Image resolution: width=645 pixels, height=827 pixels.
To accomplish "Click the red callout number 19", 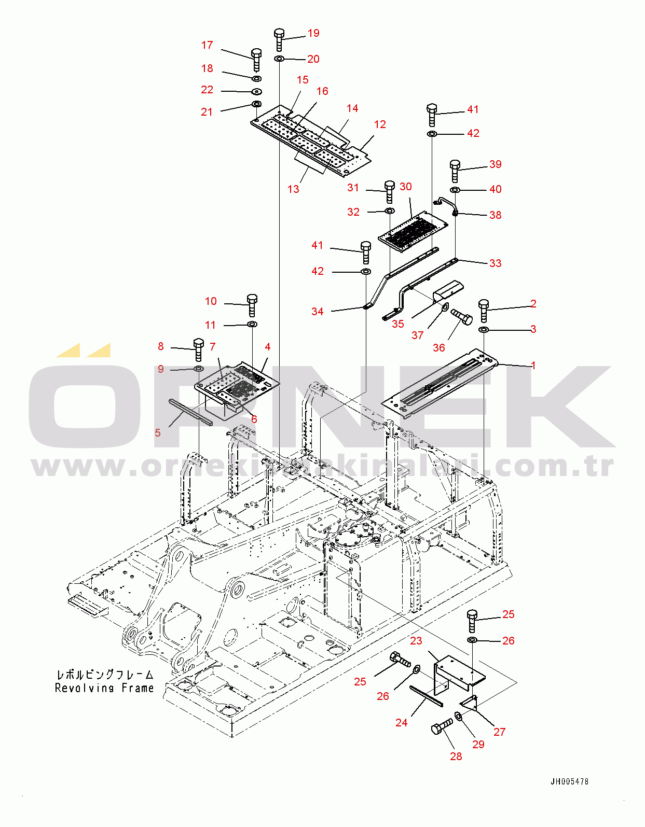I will tap(313, 33).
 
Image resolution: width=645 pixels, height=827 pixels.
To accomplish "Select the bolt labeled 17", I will tap(256, 60).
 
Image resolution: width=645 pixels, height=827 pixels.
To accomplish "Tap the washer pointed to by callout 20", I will tap(279, 59).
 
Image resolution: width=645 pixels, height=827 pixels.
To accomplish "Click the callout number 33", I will tap(495, 263).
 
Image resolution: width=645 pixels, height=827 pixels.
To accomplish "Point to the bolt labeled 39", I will tap(455, 170).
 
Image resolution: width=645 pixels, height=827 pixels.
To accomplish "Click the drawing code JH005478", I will tap(569, 781).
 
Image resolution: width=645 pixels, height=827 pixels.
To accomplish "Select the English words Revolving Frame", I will tap(104, 688).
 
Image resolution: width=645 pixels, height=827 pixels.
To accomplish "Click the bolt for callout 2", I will tap(484, 310).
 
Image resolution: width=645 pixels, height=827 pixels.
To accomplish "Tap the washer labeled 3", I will tap(483, 330).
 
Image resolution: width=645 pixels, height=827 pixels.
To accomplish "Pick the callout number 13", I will tap(293, 189).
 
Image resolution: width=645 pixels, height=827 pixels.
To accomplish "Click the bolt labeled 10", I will tap(252, 304).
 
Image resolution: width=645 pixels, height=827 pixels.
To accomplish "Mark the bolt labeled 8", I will tap(198, 349).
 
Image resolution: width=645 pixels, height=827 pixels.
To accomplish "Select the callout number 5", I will tap(158, 433).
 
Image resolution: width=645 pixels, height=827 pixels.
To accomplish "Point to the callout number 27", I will tap(499, 732).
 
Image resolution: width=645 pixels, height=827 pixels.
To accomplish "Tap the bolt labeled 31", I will tap(389, 191).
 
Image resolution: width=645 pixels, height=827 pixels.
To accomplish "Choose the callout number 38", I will tap(495, 215).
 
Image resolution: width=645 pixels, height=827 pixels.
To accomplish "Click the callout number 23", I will tap(416, 641).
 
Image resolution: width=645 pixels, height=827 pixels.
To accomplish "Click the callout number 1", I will tap(533, 366).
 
